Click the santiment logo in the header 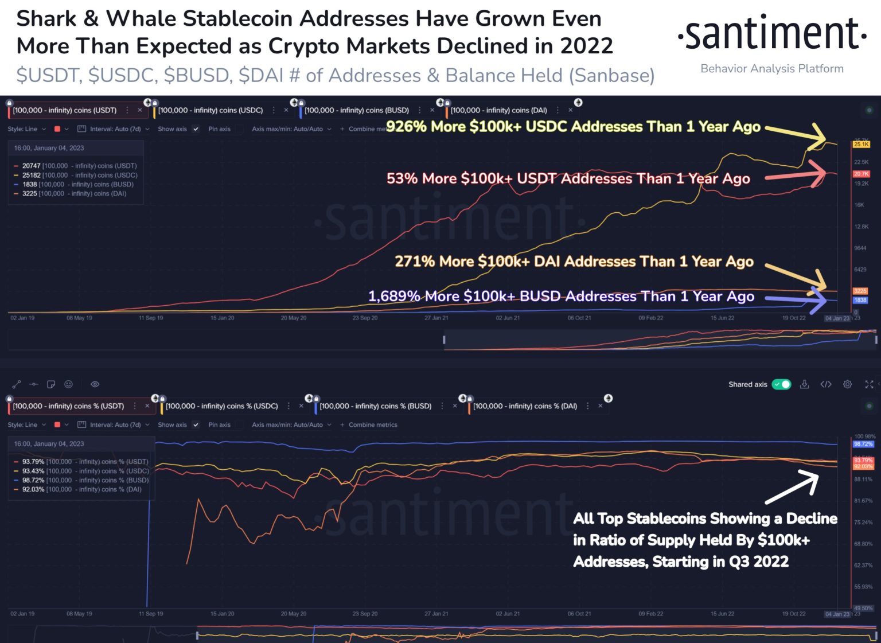coord(771,34)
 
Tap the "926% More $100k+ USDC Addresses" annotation coord(573,127)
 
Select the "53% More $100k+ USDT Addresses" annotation coord(568,178)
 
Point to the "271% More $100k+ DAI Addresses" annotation coord(574,262)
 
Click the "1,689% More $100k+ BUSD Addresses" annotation coord(561,297)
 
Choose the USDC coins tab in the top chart coord(210,110)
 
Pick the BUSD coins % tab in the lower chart coord(375,406)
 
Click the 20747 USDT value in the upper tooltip coord(31,166)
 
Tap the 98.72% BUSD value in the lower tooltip coord(33,480)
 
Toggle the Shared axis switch coord(781,384)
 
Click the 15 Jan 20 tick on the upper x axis coord(222,318)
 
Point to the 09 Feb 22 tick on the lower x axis coord(650,614)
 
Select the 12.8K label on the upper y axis coord(861,227)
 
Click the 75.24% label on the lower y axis coord(863,523)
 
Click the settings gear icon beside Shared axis coord(847,384)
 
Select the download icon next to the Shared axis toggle coord(804,384)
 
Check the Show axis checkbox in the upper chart coord(196,129)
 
